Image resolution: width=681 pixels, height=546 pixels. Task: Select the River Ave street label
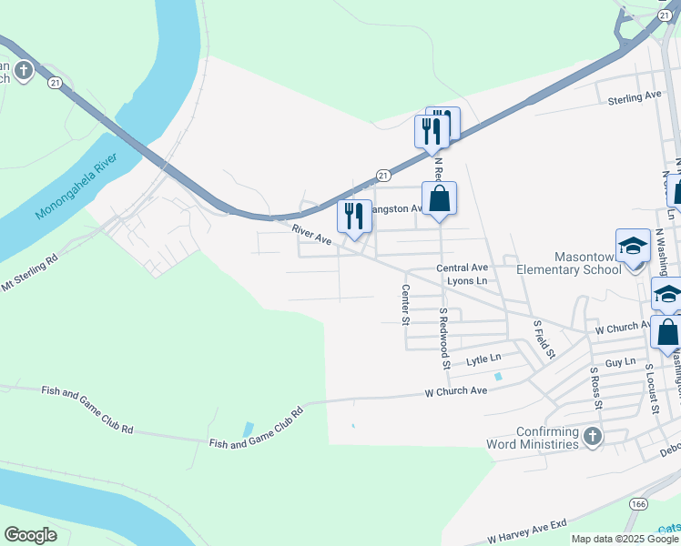[312, 234]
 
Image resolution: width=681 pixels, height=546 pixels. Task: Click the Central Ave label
[462, 268]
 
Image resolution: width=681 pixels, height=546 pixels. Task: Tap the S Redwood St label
[445, 338]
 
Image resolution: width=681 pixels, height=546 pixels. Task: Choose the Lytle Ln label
[483, 360]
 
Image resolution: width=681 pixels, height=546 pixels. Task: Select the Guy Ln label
[620, 362]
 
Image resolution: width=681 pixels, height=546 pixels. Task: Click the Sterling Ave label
[634, 96]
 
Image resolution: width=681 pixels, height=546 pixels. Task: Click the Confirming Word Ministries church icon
[593, 437]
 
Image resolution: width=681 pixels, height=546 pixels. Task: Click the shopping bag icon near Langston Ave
[439, 198]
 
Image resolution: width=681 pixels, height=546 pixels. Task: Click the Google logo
[31, 535]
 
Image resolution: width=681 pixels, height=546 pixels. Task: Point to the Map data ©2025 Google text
[624, 539]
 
